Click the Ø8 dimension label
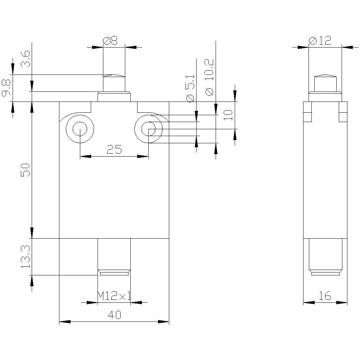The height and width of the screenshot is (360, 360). point(110,41)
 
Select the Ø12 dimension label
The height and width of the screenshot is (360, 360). point(320,41)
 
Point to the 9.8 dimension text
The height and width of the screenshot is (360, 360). point(6,89)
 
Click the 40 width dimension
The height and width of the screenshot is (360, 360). point(114,315)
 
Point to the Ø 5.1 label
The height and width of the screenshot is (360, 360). point(190,88)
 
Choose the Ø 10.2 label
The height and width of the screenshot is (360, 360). point(210,77)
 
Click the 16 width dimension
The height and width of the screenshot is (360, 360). point(325,296)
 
